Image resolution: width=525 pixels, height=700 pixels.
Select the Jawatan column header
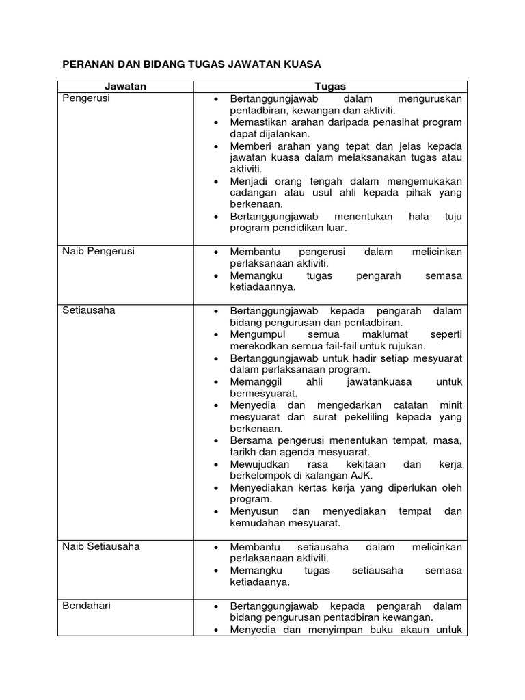tap(125, 86)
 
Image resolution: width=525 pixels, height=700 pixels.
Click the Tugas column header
tap(330, 86)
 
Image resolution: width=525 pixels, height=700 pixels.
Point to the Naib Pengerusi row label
tap(98, 251)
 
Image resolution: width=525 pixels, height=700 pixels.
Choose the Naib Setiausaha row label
tap(101, 547)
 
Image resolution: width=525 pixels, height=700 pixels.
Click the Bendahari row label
tap(86, 606)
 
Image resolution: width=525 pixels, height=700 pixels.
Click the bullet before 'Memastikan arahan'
tap(215, 122)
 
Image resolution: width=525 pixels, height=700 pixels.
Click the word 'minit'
tap(450, 405)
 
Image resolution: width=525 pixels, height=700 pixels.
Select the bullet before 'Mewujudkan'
tap(215, 464)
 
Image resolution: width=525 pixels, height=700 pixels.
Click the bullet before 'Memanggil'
tap(215, 381)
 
